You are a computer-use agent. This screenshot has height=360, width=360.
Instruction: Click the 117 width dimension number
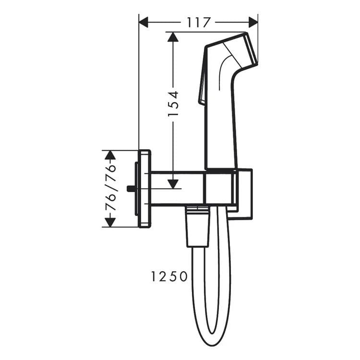pyautogui.click(x=198, y=22)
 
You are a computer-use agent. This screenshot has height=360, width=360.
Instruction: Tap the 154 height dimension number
pyautogui.click(x=173, y=104)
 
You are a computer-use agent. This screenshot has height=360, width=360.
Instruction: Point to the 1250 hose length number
pyautogui.click(x=169, y=276)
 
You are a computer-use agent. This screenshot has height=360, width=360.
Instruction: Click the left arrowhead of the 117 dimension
pyautogui.click(x=144, y=22)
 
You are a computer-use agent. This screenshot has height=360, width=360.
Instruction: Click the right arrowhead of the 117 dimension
pyautogui.click(x=253, y=22)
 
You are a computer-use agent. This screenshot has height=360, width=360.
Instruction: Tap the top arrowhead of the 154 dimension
pyautogui.click(x=173, y=37)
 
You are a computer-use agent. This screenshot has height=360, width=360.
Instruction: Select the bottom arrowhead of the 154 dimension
pyautogui.click(x=173, y=184)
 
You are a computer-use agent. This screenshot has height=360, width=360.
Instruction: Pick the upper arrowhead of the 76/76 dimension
pyautogui.click(x=110, y=155)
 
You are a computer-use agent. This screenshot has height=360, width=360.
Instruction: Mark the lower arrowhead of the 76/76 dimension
pyautogui.click(x=110, y=222)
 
